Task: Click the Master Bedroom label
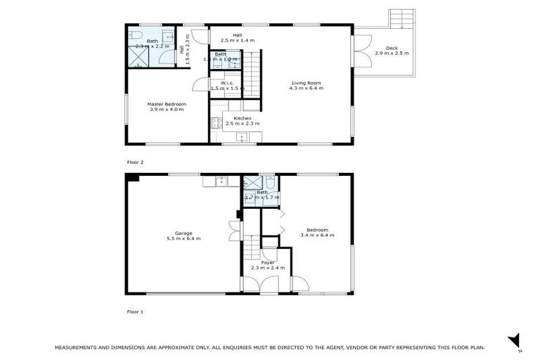point(167,104)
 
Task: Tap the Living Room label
point(307,83)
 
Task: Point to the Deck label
point(391,48)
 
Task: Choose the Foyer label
point(267,262)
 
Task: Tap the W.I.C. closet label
point(226,83)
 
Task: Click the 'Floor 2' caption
point(135,162)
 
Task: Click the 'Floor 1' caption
point(135,311)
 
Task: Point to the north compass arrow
point(513,339)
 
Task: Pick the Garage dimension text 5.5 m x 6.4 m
point(184,238)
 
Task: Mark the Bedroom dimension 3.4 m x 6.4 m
point(317,235)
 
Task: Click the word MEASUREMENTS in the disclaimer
point(85,347)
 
